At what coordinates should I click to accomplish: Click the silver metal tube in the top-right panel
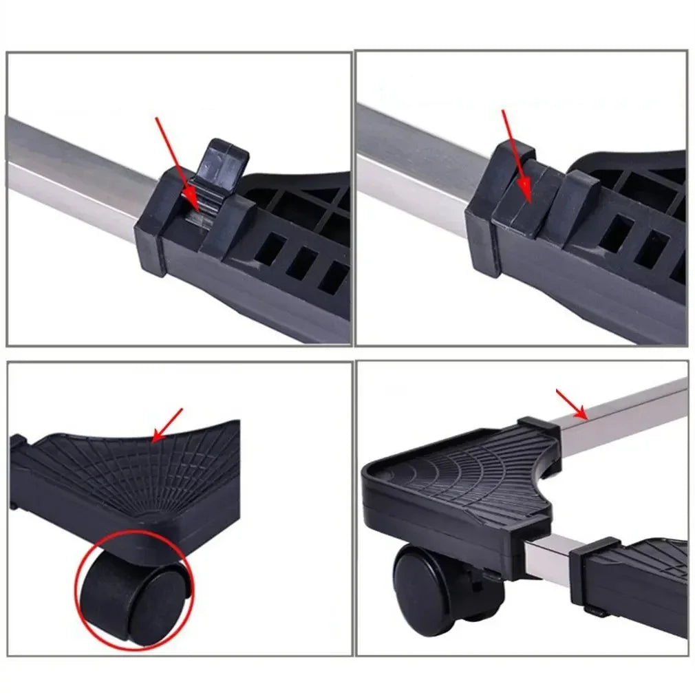coord(420,165)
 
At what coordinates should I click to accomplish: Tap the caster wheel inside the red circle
coord(135,592)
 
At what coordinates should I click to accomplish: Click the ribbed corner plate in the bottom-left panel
coord(131,475)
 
